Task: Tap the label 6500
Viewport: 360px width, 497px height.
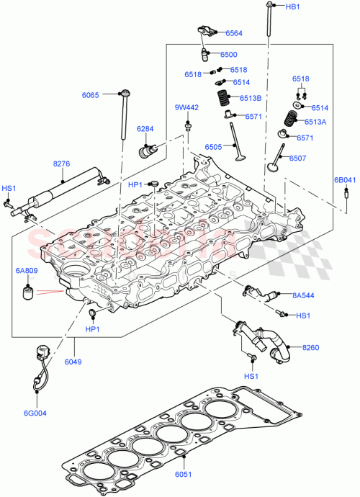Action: [228, 54]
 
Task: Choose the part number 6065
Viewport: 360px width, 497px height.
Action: [91, 94]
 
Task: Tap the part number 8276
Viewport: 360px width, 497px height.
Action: [62, 164]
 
